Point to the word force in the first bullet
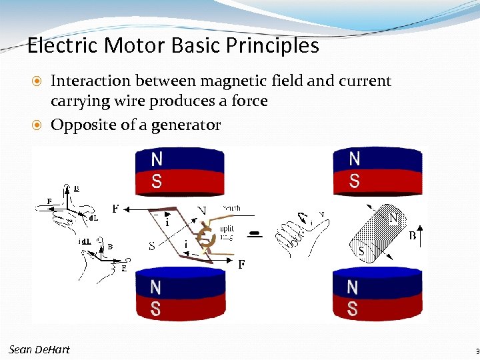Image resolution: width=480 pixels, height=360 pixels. (248, 101)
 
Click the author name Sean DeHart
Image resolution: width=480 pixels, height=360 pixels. (39, 350)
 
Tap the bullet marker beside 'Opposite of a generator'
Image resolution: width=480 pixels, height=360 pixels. (39, 125)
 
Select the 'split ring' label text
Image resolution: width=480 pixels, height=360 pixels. (227, 233)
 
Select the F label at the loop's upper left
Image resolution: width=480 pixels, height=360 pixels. (116, 209)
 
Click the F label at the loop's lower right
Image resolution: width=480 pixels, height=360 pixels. (242, 265)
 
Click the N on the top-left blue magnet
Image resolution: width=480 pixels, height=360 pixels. (156, 160)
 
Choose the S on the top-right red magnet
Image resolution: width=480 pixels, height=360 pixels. (354, 181)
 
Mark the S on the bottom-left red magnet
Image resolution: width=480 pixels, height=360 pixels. (155, 309)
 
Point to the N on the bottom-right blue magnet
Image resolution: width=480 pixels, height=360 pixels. (352, 287)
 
